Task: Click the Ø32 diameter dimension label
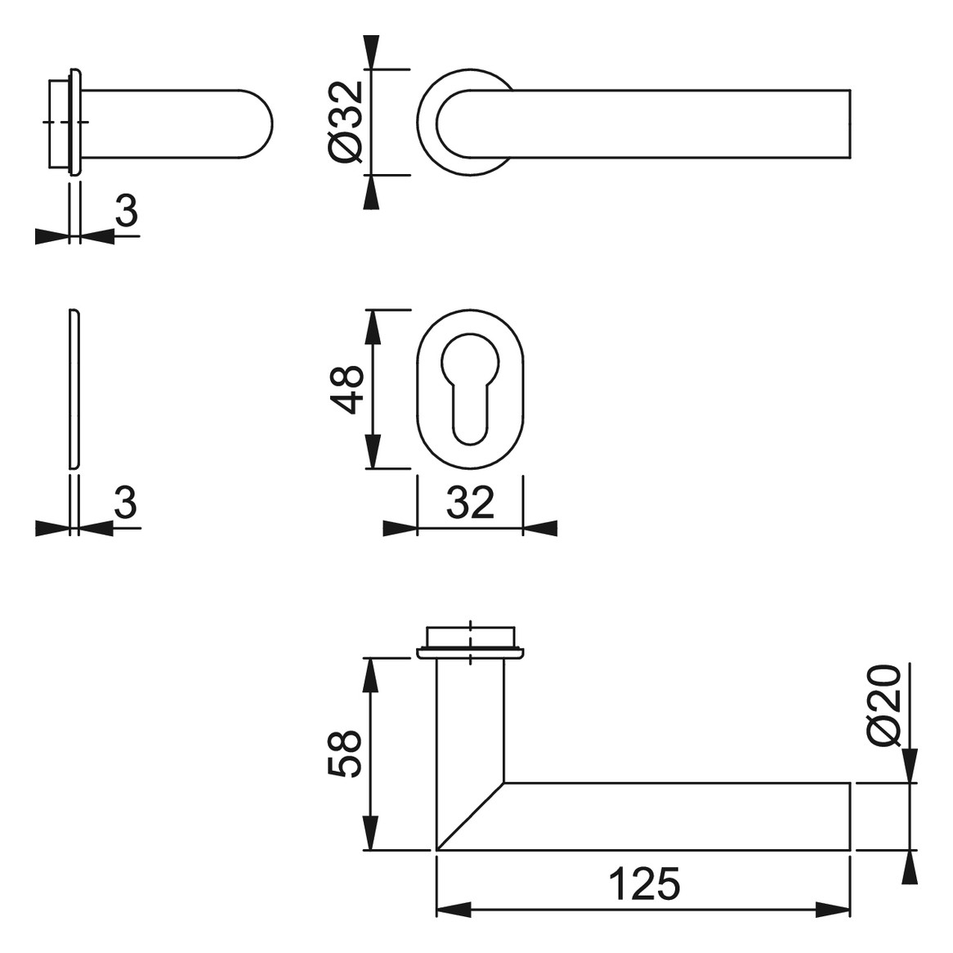[x=346, y=122]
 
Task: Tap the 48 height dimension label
[x=346, y=390]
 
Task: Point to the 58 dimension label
[x=345, y=753]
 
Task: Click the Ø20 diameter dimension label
[x=884, y=705]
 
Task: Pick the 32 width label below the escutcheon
[x=470, y=503]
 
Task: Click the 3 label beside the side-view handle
[x=127, y=210]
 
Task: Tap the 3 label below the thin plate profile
[x=127, y=502]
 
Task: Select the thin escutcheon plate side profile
[x=74, y=389]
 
